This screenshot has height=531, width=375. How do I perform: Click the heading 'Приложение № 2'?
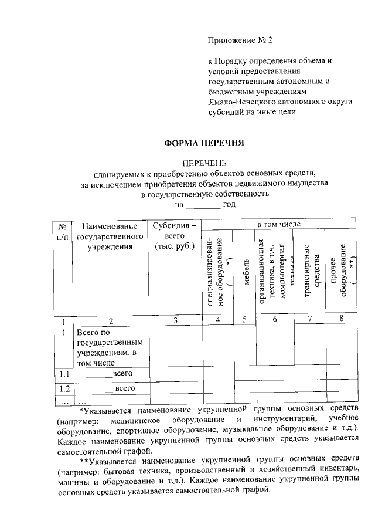click(x=240, y=40)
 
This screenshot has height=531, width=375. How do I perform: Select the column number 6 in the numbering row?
click(x=275, y=320)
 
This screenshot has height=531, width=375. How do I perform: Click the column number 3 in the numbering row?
click(x=175, y=320)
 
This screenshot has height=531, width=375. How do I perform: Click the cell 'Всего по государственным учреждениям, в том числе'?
click(x=110, y=347)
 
